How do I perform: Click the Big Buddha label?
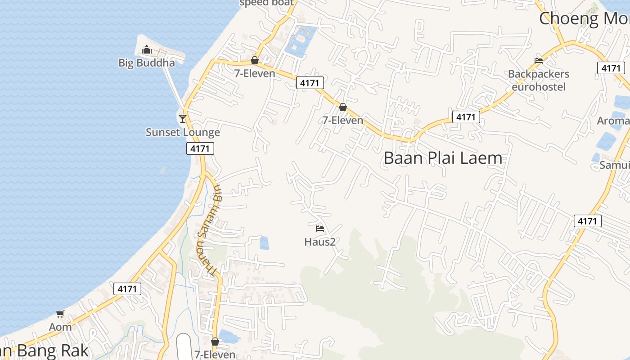tap(147, 63)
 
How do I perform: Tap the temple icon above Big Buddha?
tap(147, 49)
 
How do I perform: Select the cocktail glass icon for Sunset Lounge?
tap(183, 118)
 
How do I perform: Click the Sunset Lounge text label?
tap(183, 132)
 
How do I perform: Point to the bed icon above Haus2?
tap(320, 229)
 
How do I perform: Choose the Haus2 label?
tap(320, 242)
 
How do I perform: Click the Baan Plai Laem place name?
tap(443, 158)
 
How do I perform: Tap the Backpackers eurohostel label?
tap(539, 80)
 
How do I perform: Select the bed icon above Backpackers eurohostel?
tap(539, 60)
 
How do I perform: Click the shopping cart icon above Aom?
tap(60, 314)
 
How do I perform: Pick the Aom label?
tap(60, 327)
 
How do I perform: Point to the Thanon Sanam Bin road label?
tap(208, 229)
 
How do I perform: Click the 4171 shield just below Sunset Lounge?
tap(200, 148)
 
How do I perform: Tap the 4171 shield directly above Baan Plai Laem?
tap(466, 117)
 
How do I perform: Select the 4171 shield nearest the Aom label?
tap(127, 289)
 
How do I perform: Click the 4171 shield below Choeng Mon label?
tap(611, 68)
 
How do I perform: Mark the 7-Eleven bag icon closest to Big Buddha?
tap(255, 60)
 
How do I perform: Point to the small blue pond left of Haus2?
tap(264, 243)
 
